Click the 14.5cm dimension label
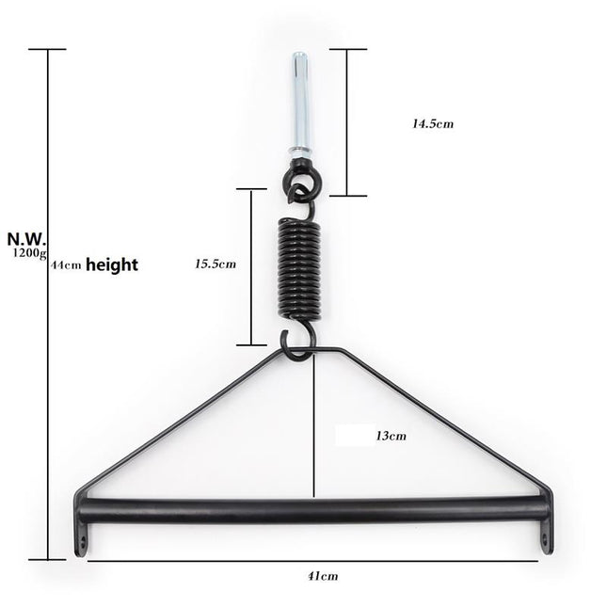(x=433, y=123)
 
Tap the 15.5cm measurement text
(x=216, y=264)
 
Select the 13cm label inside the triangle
(x=391, y=436)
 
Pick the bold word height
(x=112, y=265)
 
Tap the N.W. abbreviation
(x=25, y=239)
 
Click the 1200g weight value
(x=28, y=253)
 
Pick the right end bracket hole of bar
(x=546, y=540)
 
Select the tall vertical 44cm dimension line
(x=49, y=376)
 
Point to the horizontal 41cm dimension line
(x=188, y=561)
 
